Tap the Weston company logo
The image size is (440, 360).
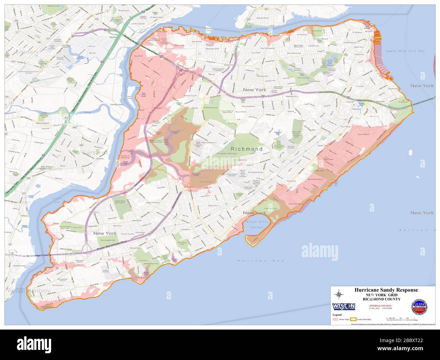(344, 306)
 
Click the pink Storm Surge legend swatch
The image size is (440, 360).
(335, 319)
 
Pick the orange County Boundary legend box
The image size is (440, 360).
(354, 319)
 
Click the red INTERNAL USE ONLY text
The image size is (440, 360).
(381, 305)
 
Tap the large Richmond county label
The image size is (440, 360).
(246, 149)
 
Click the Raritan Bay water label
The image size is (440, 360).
(250, 261)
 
